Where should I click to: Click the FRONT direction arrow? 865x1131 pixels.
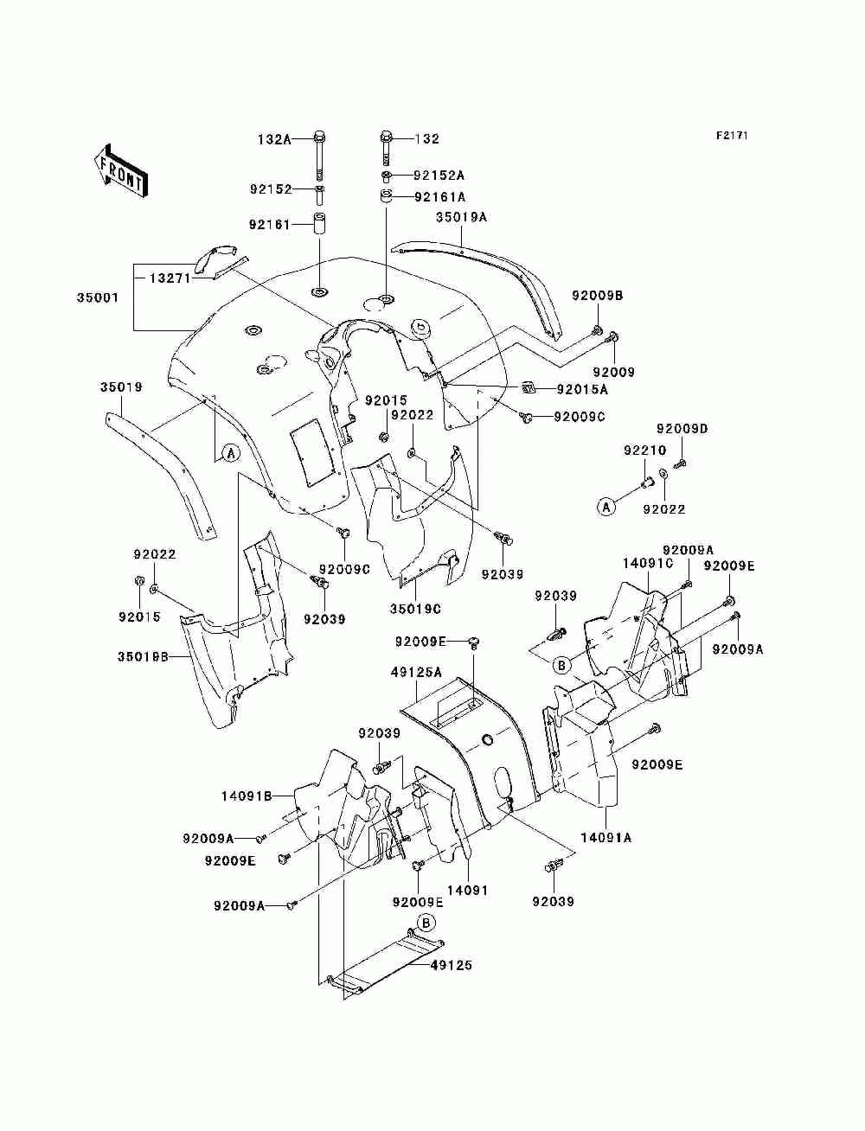120,169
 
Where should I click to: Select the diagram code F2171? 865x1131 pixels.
732,136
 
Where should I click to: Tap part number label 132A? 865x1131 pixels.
274,139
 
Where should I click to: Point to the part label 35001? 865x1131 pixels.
98,297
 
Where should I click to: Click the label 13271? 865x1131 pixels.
170,278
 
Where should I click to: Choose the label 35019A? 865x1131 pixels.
461,217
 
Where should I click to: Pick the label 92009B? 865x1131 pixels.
597,295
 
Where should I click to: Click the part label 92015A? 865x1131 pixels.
582,390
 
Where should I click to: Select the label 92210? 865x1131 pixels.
645,450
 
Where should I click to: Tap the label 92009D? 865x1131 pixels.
682,428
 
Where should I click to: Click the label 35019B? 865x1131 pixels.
143,657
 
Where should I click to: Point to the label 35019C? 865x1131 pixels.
415,609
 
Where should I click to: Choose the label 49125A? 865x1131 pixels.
417,672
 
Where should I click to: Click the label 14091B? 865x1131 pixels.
247,796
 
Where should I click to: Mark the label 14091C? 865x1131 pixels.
648,563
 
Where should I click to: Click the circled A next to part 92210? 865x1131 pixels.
606,507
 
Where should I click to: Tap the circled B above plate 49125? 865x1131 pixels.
426,923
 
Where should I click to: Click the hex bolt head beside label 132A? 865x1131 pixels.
319,138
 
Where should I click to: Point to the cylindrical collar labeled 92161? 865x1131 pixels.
319,222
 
